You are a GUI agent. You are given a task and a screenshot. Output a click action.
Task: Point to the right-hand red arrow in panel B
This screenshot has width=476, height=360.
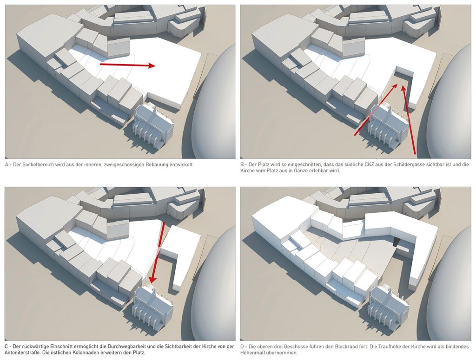click(x=409, y=121)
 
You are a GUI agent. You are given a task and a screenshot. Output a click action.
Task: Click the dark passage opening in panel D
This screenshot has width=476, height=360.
click(x=396, y=242)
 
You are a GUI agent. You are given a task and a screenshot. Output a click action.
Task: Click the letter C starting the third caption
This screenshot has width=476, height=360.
click(x=7, y=347)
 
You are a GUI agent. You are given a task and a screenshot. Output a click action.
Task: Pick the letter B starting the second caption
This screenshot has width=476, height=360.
click(x=242, y=165)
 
